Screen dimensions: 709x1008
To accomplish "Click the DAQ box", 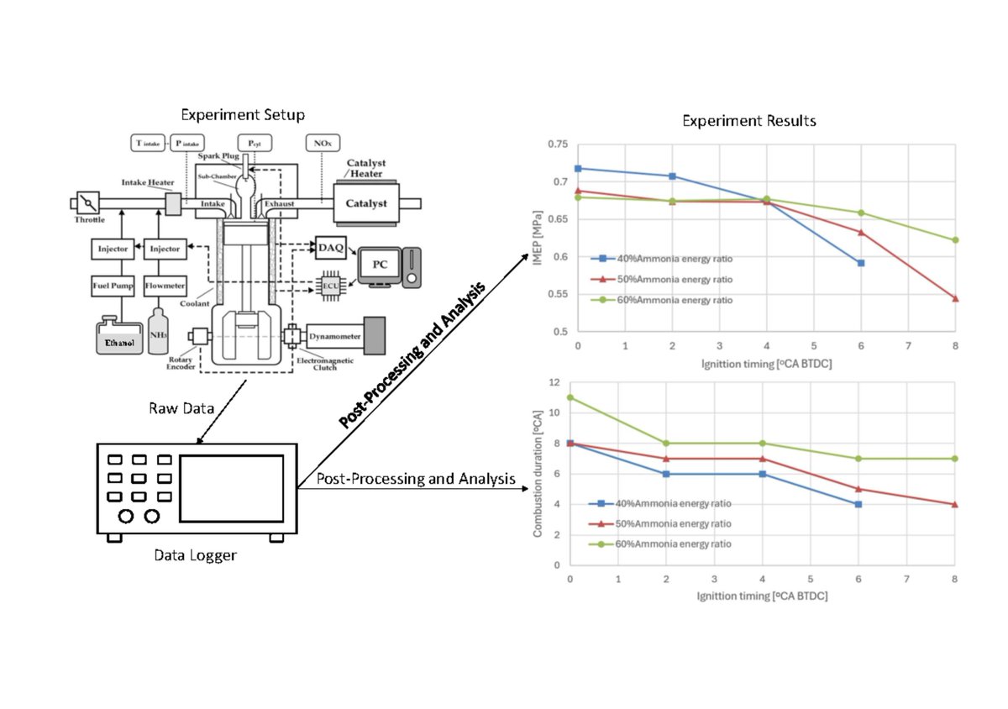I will click(330, 247).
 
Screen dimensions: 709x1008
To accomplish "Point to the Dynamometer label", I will click(335, 335).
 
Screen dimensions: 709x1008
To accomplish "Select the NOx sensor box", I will click(319, 143).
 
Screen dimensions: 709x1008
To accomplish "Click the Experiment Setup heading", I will click(243, 114).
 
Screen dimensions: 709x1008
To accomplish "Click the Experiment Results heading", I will click(748, 121).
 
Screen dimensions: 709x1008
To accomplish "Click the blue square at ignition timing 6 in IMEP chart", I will click(861, 263).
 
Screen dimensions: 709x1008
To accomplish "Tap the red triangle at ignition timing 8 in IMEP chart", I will click(956, 298).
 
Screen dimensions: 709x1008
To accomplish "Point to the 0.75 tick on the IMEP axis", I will click(555, 144).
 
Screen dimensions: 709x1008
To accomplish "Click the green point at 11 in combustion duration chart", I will click(570, 397).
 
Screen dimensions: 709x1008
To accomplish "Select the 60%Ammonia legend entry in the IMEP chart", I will click(661, 300).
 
